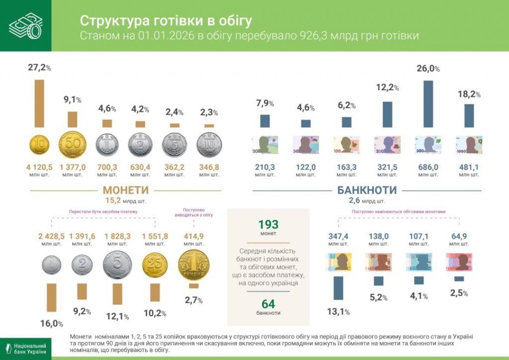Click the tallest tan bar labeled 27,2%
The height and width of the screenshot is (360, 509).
[39, 103]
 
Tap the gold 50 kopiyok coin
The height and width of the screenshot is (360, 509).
[73, 145]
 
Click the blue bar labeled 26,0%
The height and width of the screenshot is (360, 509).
[427, 104]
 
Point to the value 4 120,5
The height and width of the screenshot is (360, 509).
[39, 167]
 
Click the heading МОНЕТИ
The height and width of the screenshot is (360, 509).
[125, 190]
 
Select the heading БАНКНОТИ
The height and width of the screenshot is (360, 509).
[367, 190]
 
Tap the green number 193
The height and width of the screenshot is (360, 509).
[268, 224]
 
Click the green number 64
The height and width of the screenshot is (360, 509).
[268, 304]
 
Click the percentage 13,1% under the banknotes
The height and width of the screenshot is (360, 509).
[338, 312]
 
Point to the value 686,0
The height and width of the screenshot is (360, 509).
[428, 167]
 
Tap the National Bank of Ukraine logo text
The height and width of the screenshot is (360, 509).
[30, 349]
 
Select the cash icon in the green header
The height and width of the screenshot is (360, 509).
[25, 25]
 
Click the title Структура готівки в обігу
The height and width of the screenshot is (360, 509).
[166, 20]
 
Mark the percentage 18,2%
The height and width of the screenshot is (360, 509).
[468, 93]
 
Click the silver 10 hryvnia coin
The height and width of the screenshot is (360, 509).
[209, 145]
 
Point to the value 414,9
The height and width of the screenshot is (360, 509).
[193, 236]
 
